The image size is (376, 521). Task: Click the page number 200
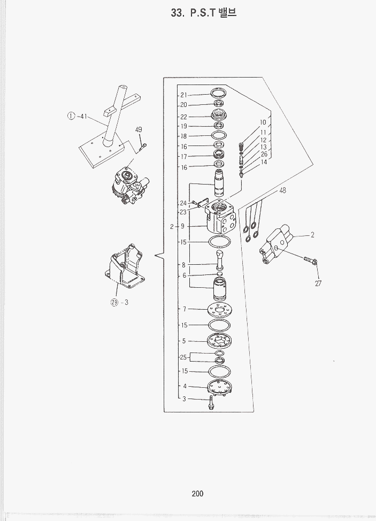click(197, 493)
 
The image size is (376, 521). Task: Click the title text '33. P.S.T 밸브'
click(204, 13)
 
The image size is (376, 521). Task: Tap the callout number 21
click(183, 95)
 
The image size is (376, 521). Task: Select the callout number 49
click(139, 129)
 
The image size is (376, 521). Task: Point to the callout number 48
click(282, 190)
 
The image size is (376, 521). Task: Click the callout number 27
click(318, 284)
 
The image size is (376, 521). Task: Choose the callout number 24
click(183, 203)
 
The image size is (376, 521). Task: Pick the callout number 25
click(183, 357)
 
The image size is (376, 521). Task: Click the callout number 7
click(185, 309)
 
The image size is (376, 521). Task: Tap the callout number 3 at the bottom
click(184, 399)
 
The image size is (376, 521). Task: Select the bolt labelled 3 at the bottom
click(211, 402)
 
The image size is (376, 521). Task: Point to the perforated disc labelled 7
click(219, 311)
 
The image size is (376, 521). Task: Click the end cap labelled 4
click(219, 388)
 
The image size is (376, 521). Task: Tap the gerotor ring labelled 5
click(219, 341)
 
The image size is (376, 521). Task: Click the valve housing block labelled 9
click(220, 217)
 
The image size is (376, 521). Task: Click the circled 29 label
click(114, 302)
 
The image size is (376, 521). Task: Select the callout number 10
click(263, 122)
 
